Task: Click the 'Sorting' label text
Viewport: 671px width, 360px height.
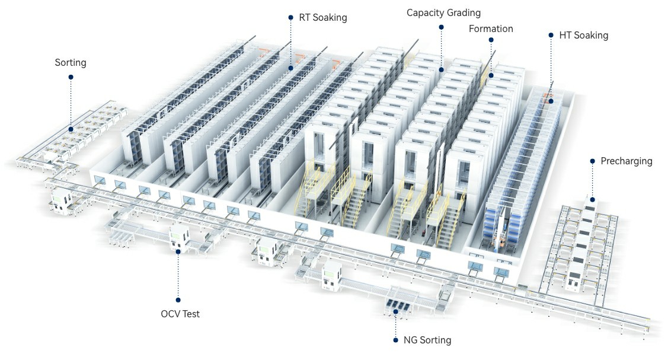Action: click(x=71, y=62)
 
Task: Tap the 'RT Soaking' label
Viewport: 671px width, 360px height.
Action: click(x=323, y=18)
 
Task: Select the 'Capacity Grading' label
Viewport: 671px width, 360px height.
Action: click(x=443, y=12)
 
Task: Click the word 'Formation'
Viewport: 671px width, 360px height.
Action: click(x=491, y=28)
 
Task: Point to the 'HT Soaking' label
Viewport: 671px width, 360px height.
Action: click(x=583, y=35)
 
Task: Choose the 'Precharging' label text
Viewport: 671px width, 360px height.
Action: click(x=626, y=161)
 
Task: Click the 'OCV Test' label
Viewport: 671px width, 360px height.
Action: click(x=180, y=314)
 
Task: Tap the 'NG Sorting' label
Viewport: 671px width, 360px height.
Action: click(x=427, y=340)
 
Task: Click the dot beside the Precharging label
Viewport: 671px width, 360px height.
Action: click(x=592, y=161)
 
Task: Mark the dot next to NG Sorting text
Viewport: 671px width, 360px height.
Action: click(x=395, y=340)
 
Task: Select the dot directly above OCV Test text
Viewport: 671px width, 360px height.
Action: click(x=178, y=300)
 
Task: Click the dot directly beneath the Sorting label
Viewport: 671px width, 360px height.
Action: click(x=71, y=77)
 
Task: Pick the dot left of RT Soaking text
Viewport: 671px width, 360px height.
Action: click(x=290, y=18)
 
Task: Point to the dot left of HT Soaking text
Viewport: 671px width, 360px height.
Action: click(x=551, y=35)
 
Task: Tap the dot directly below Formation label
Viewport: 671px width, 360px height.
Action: click(x=491, y=40)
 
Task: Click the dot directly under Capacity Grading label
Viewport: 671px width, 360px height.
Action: click(x=441, y=27)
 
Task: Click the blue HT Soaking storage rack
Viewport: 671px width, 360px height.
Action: click(x=516, y=178)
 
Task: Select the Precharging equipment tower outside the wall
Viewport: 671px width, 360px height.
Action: click(x=584, y=237)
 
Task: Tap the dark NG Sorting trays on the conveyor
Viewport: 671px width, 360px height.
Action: click(x=396, y=307)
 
